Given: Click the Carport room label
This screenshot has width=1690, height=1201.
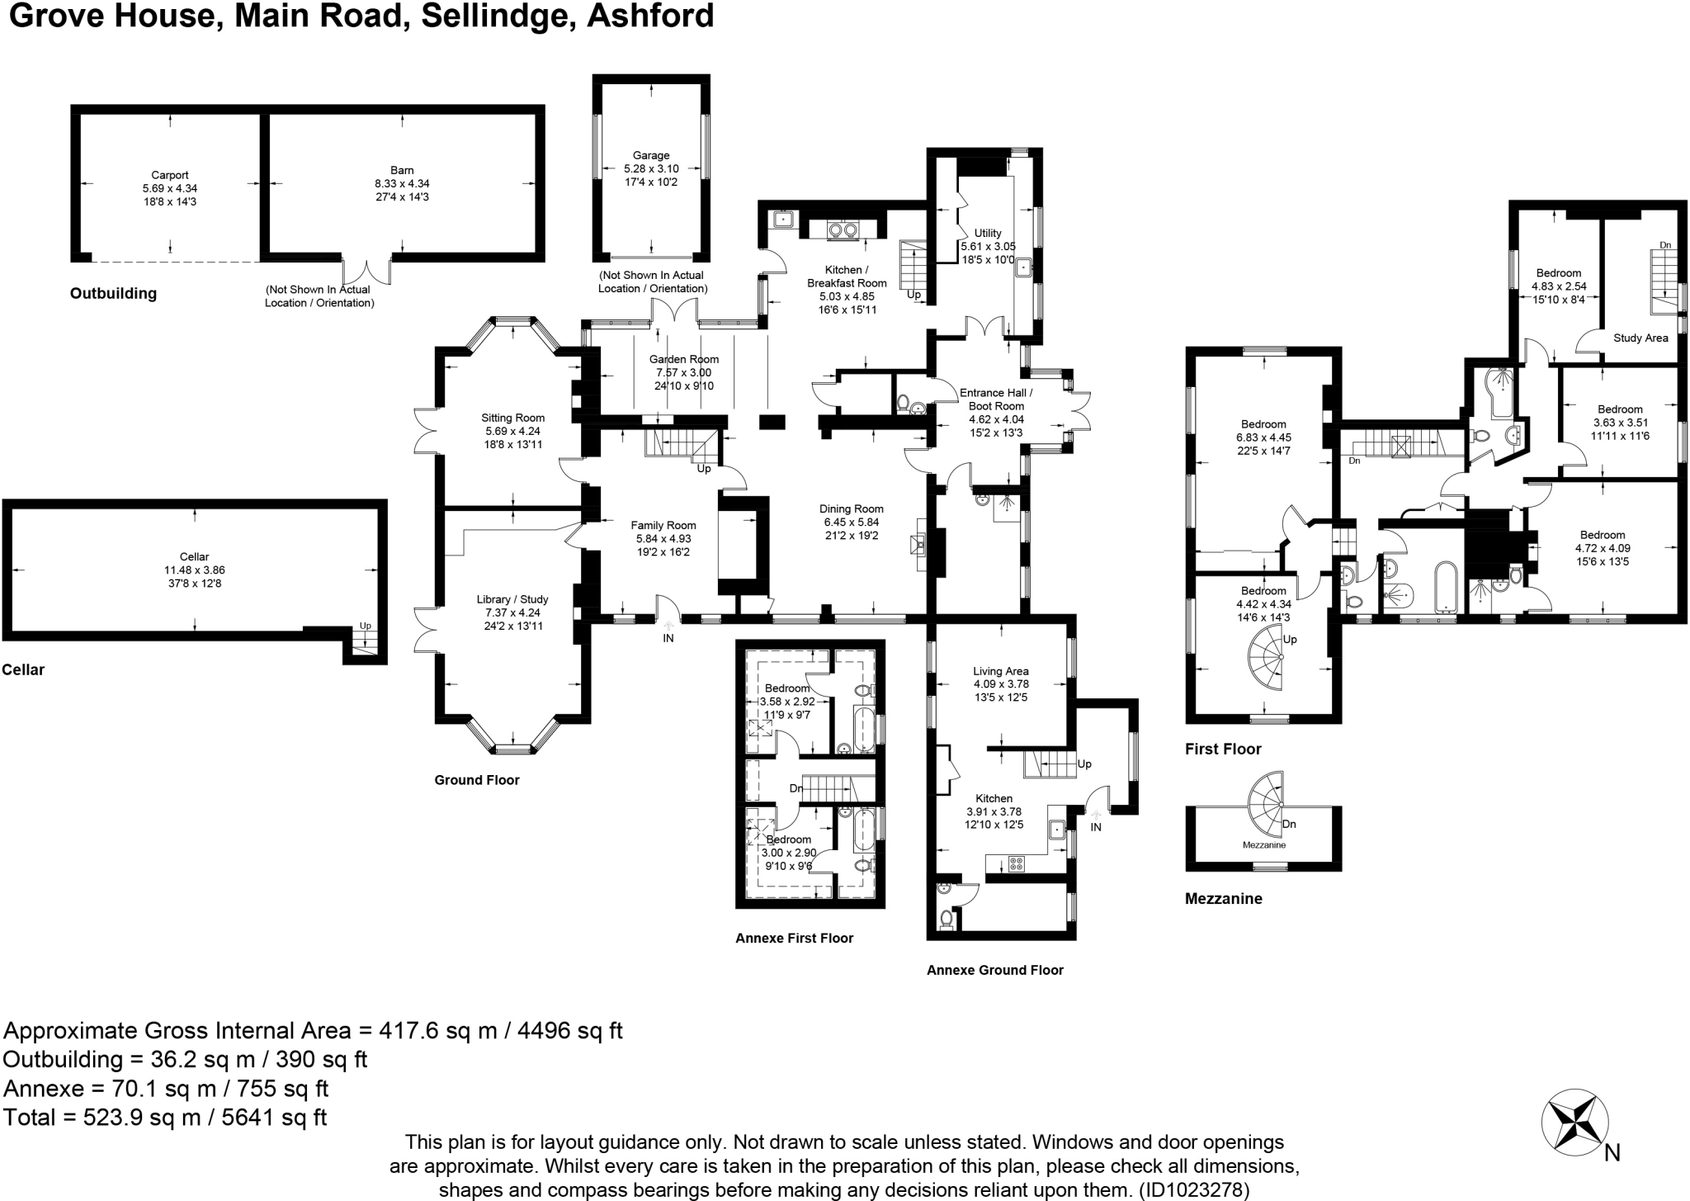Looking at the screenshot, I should pos(170,175).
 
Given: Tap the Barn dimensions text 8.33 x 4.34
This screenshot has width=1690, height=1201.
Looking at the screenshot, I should pos(402,184).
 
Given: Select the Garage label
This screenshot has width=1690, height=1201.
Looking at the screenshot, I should pos(651,155).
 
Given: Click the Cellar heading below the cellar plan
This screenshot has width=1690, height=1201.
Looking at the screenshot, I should pos(23,669).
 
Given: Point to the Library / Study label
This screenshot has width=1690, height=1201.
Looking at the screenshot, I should pos(512,599).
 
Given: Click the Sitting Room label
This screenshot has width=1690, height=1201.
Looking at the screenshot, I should pos(512,418).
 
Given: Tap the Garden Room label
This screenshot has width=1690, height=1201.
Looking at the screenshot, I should pos(683,359).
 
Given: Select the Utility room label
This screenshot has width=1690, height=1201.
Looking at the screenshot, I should pos(988,234).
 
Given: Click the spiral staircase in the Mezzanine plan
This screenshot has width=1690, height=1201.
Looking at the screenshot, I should pos(1267,798).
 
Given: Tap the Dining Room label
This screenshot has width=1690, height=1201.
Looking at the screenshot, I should pos(851,509).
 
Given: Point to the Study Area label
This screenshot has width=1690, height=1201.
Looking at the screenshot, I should pos(1640,338).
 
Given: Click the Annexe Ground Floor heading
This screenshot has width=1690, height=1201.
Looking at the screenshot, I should pos(994,970).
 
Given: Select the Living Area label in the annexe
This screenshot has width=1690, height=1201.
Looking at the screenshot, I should pos(1000,671).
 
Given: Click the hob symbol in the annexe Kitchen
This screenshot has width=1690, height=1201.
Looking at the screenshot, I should pos(1017,864).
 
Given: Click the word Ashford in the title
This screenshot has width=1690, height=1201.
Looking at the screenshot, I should pos(649,16).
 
